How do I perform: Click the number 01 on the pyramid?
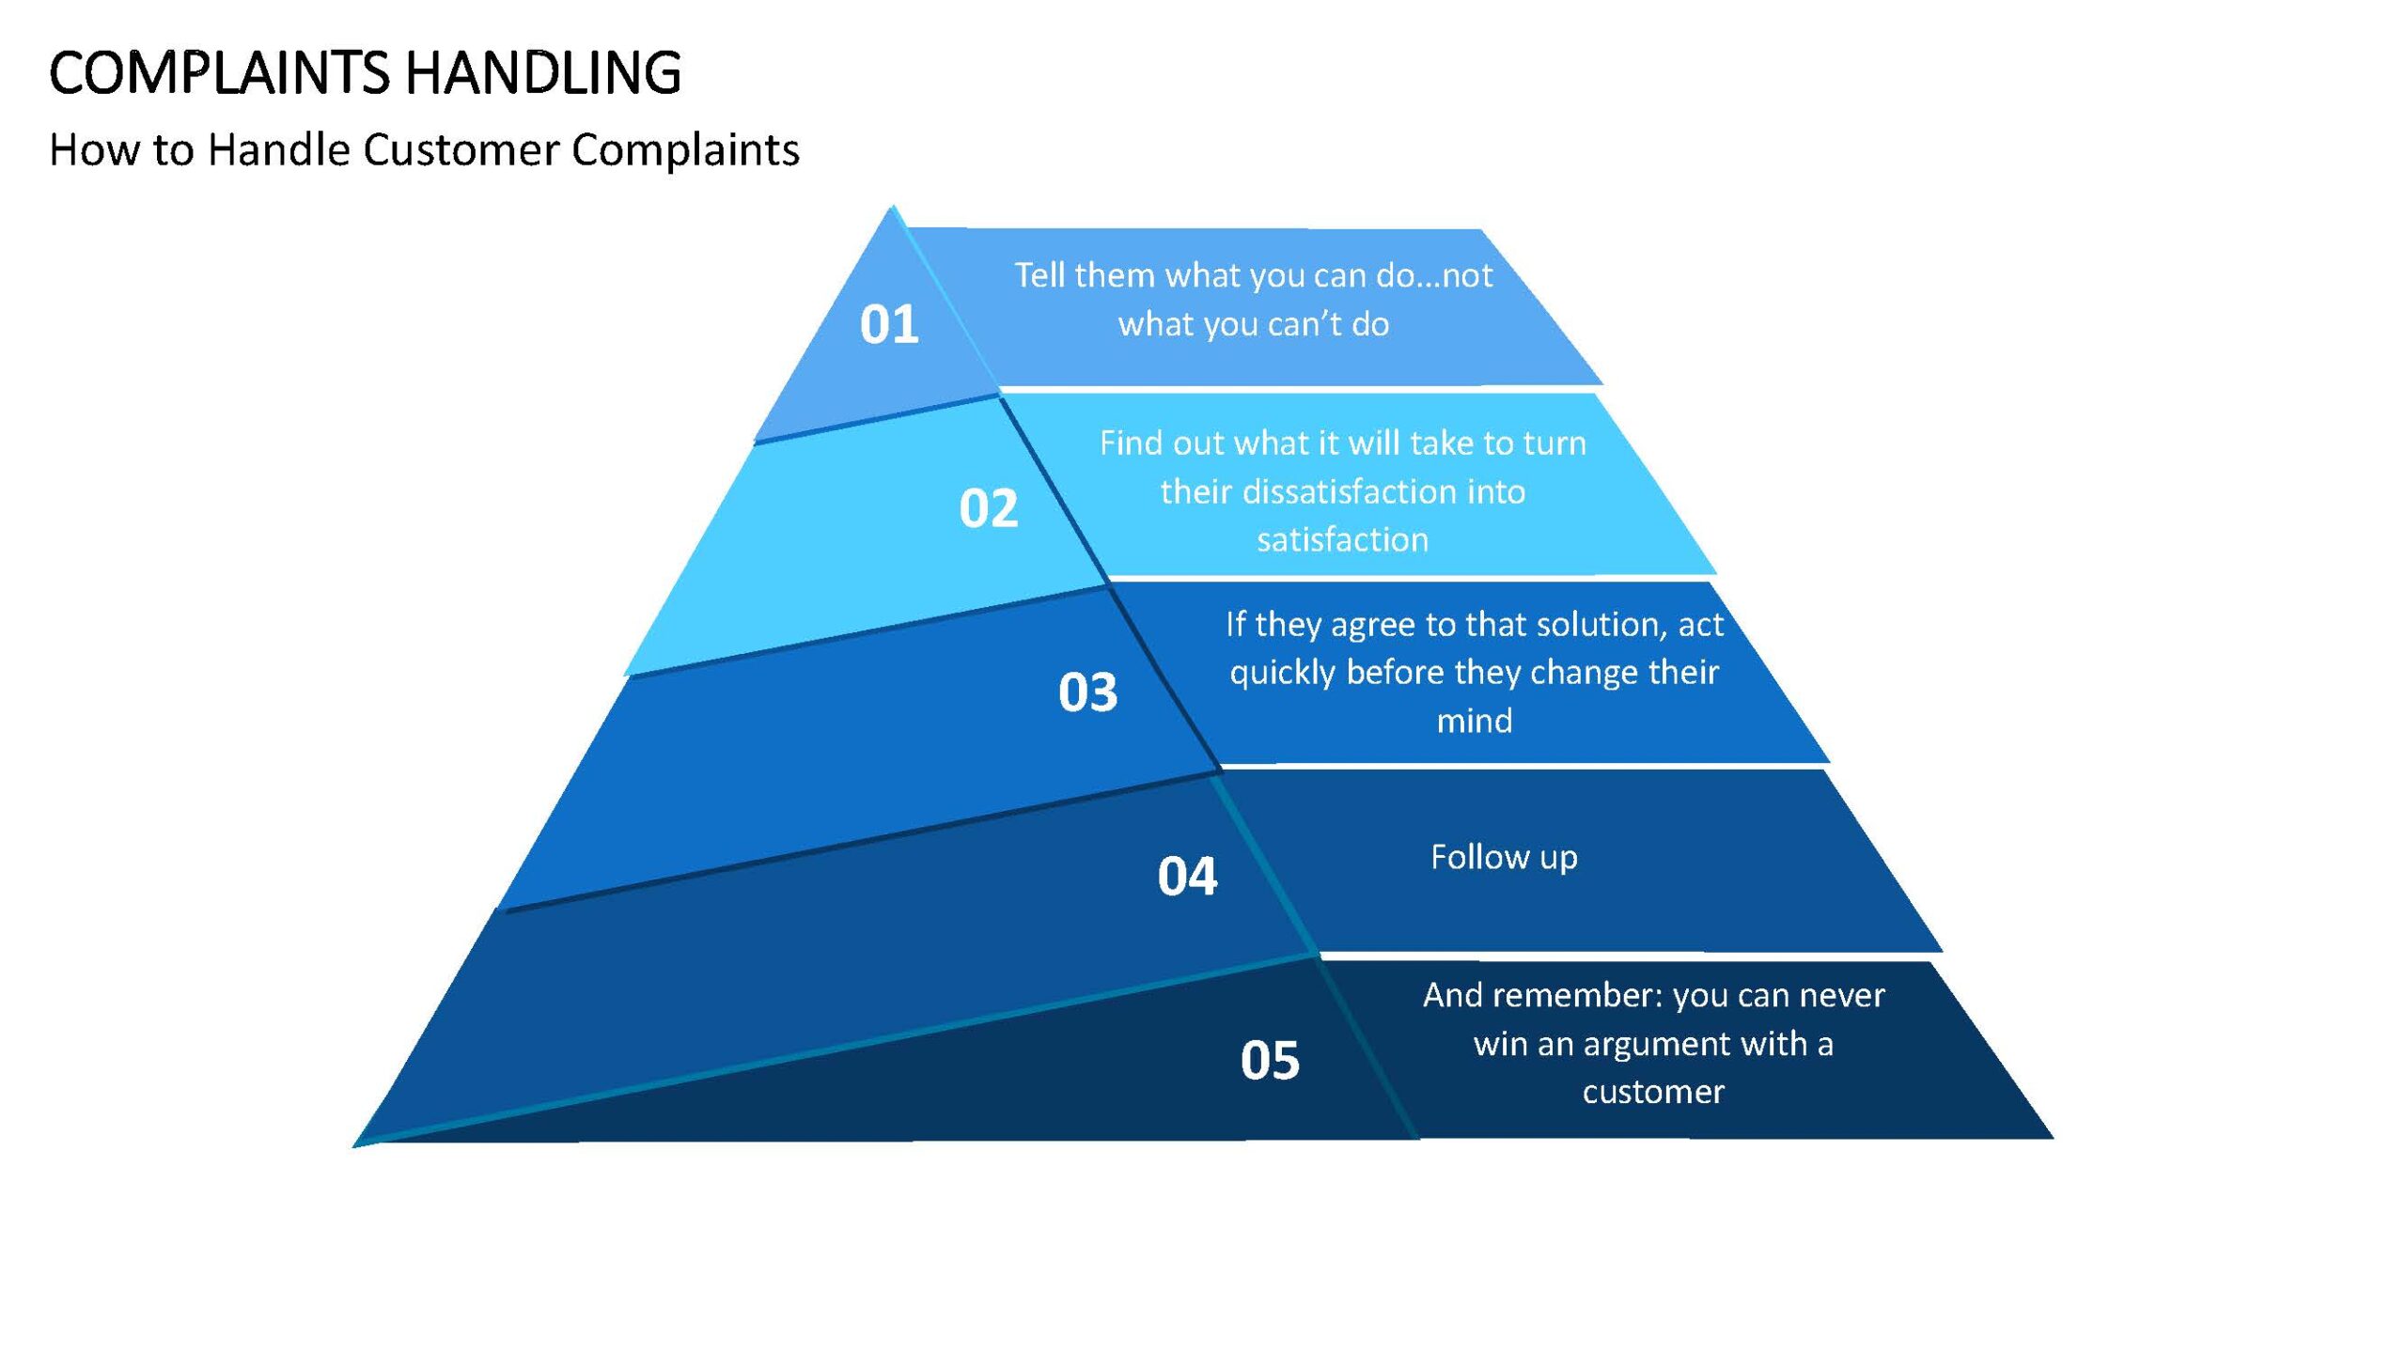click(x=889, y=324)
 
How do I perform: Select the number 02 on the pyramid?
click(x=989, y=508)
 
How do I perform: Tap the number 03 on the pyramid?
click(x=1088, y=692)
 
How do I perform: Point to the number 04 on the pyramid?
click(x=1188, y=877)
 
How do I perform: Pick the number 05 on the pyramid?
click(x=1271, y=1061)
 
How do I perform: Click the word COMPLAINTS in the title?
click(x=219, y=73)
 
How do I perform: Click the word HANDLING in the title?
click(x=543, y=73)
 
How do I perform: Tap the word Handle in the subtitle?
click(x=278, y=149)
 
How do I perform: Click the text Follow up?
click(x=1504, y=858)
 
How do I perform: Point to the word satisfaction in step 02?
click(x=1343, y=539)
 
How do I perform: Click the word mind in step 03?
click(x=1475, y=721)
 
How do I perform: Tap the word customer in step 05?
click(x=1653, y=1092)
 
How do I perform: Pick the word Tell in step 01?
click(x=1039, y=275)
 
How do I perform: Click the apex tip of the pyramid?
click(x=893, y=206)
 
